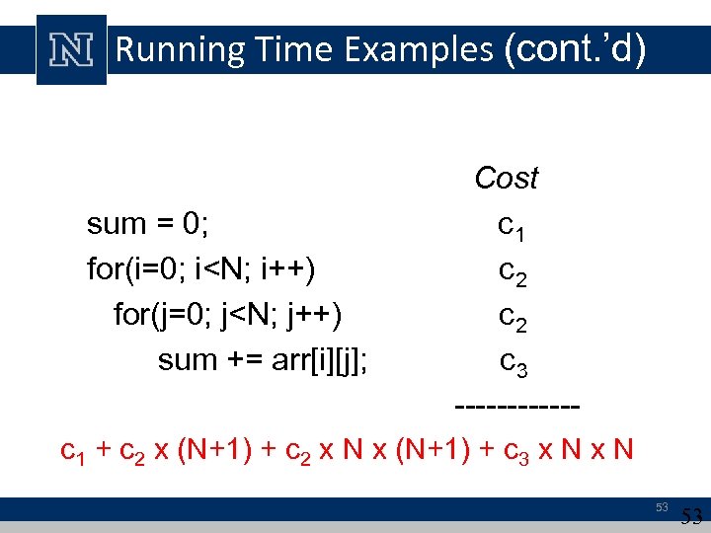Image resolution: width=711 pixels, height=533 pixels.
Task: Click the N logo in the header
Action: [x=71, y=49]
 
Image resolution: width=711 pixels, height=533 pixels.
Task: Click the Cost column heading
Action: [x=506, y=179]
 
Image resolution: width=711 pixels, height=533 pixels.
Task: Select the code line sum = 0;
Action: [x=147, y=224]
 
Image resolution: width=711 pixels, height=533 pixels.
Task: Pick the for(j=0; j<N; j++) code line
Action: [x=228, y=315]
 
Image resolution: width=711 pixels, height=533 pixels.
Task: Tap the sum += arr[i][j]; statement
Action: [x=264, y=360]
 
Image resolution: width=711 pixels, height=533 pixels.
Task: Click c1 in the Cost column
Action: [x=512, y=228]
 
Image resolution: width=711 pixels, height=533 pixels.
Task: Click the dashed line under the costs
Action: [x=515, y=406]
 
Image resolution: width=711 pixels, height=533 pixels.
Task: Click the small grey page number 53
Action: [x=663, y=507]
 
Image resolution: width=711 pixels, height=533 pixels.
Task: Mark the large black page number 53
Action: [x=692, y=516]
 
